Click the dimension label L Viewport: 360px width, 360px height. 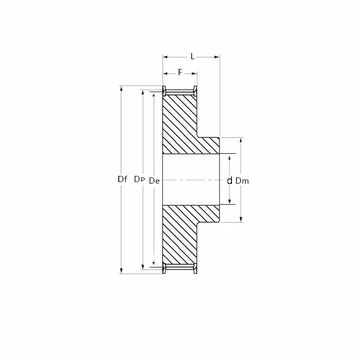pos(192,56)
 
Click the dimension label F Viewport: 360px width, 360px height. pos(180,72)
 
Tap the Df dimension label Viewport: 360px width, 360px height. pos(122,179)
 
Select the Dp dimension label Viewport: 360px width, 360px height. pos(139,179)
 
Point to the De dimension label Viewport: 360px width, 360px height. pos(154,181)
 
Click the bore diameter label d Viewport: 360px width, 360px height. pos(229,181)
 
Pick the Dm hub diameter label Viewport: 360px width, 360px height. pos(242,181)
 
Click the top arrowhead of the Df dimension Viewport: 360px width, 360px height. pos(121,89)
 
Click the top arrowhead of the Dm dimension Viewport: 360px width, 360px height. pos(241,141)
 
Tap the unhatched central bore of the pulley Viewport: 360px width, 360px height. pos(190,179)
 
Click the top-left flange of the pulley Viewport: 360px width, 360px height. pos(164,91)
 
